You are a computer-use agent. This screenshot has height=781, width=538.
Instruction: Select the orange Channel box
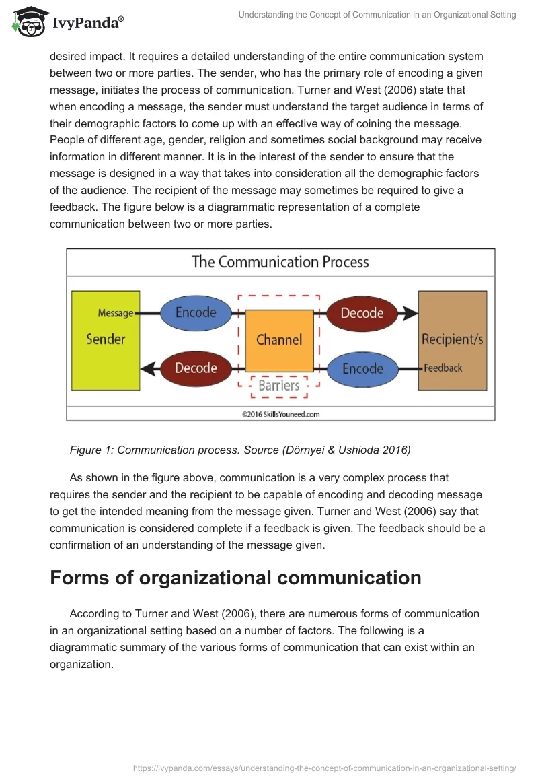279,340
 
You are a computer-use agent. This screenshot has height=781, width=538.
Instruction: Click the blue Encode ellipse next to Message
196,312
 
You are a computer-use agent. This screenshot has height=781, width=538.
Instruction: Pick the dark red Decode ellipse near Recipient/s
362,313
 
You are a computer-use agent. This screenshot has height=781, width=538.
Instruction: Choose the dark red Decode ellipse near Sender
196,368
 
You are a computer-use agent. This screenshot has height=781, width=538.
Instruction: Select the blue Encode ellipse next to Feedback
362,369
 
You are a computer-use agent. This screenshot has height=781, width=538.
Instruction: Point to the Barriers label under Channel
279,386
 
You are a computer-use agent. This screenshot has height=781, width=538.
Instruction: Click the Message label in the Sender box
116,313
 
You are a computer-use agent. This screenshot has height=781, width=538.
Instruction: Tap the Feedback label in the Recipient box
443,368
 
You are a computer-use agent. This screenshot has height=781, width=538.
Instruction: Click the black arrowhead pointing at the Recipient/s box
409,313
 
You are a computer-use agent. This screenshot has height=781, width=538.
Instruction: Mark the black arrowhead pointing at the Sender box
149,368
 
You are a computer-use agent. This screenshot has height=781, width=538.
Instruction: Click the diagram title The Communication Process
280,262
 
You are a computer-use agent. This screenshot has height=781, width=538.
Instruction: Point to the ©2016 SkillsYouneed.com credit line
281,415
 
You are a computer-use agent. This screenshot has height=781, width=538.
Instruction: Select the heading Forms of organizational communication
235,578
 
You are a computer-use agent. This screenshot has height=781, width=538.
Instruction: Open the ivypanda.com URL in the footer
325,768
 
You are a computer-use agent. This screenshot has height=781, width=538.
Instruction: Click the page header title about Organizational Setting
377,15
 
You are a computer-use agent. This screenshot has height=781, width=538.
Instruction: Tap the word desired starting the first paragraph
69,57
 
